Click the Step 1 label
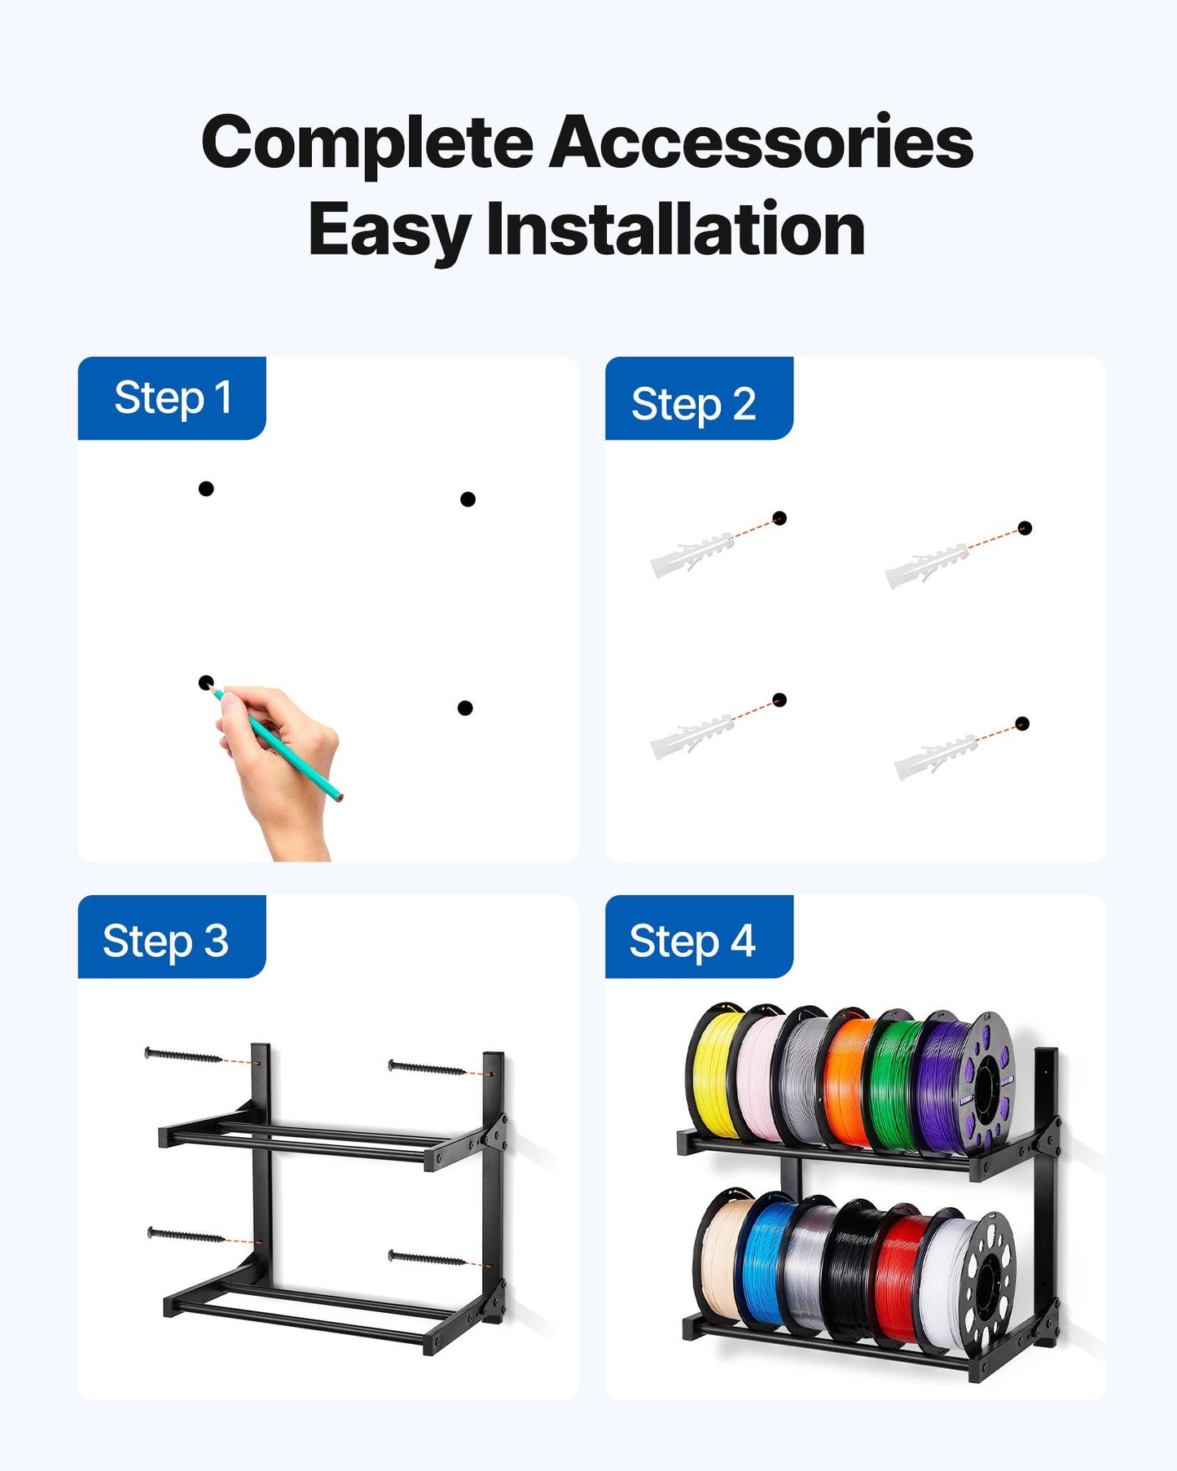tap(172, 398)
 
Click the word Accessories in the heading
tap(761, 143)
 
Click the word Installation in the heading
tap(675, 230)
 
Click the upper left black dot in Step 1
tap(206, 489)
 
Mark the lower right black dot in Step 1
tap(465, 708)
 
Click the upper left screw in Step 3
tap(183, 1056)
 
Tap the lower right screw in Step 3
tap(427, 1259)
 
